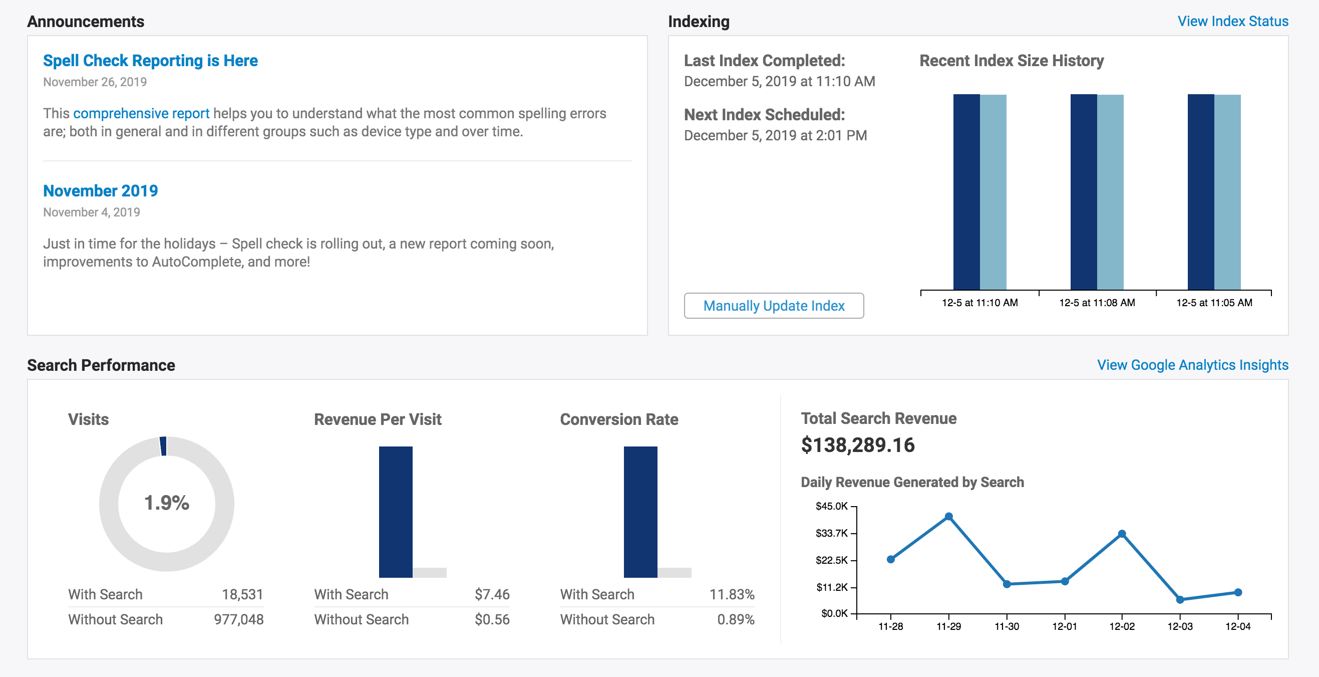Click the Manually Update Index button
pos(774,306)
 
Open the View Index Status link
pos(1232,22)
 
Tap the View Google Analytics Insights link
pos(1192,365)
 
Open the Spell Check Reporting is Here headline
pos(150,61)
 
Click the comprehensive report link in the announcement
pos(141,113)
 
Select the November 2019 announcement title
pos(100,190)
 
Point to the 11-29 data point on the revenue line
pos(948,517)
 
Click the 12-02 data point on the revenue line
pos(1122,534)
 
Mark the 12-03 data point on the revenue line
pos(1180,599)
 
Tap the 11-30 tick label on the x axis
pos(1006,626)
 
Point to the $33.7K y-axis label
pos(832,533)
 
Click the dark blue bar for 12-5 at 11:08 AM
pos(1084,192)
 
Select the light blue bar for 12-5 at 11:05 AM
pos(1227,192)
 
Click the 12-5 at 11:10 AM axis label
pos(979,303)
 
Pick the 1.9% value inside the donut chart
pos(166,503)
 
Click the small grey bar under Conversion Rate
pos(675,572)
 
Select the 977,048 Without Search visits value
pos(238,619)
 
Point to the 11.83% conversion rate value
pos(732,594)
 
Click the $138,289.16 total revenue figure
pos(858,445)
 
